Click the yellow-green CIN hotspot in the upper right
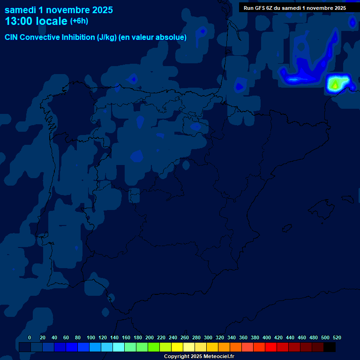coord(335,84)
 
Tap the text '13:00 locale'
coord(36,21)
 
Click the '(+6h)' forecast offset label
coord(79,21)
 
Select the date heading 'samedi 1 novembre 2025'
coord(59,9)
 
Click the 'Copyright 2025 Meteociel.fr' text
coord(199,356)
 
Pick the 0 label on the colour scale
coord(30,337)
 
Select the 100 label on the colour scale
coord(91,337)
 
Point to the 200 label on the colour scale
coord(150,337)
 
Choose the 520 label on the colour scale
coord(337,337)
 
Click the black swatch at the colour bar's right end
coord(330,347)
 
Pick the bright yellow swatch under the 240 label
coord(177,347)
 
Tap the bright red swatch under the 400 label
coord(271,347)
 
